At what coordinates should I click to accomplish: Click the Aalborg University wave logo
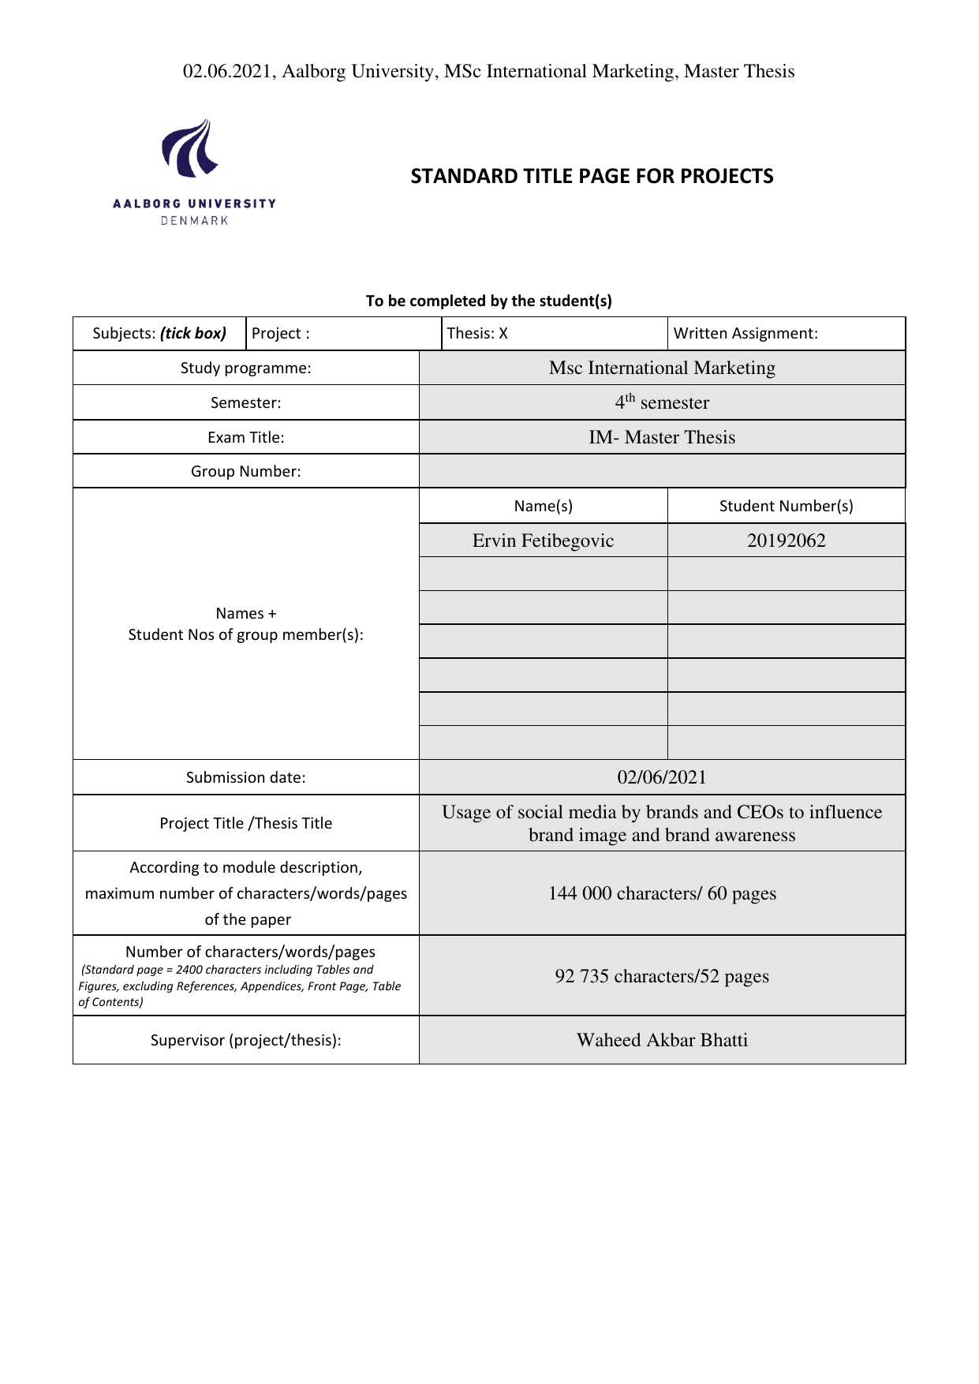(190, 148)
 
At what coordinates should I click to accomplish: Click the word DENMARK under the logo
(194, 221)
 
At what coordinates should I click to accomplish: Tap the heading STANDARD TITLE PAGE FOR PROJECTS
(592, 176)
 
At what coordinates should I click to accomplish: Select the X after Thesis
(503, 334)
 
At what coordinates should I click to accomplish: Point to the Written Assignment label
(745, 334)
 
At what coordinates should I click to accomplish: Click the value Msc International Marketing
(662, 368)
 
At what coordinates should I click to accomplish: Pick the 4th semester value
(662, 402)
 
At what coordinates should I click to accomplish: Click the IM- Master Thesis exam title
(662, 437)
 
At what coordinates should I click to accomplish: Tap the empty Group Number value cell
(662, 471)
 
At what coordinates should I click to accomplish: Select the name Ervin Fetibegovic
(543, 541)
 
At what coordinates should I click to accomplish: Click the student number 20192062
(786, 541)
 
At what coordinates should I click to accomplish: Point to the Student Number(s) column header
(786, 506)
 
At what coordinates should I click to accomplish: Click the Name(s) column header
(543, 506)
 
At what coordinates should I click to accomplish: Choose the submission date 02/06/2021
(662, 777)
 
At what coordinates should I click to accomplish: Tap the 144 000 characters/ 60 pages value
(662, 893)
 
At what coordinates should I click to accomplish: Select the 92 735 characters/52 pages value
(662, 976)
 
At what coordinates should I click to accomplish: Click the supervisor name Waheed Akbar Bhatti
(662, 1040)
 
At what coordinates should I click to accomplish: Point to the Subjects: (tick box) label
(159, 334)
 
